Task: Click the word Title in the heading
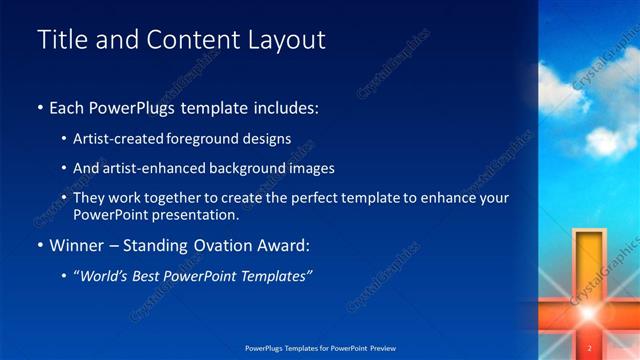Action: pos(60,40)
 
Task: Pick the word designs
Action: pos(268,138)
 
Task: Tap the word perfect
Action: pos(309,198)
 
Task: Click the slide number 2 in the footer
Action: pos(589,348)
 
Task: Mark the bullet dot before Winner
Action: pos(40,245)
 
